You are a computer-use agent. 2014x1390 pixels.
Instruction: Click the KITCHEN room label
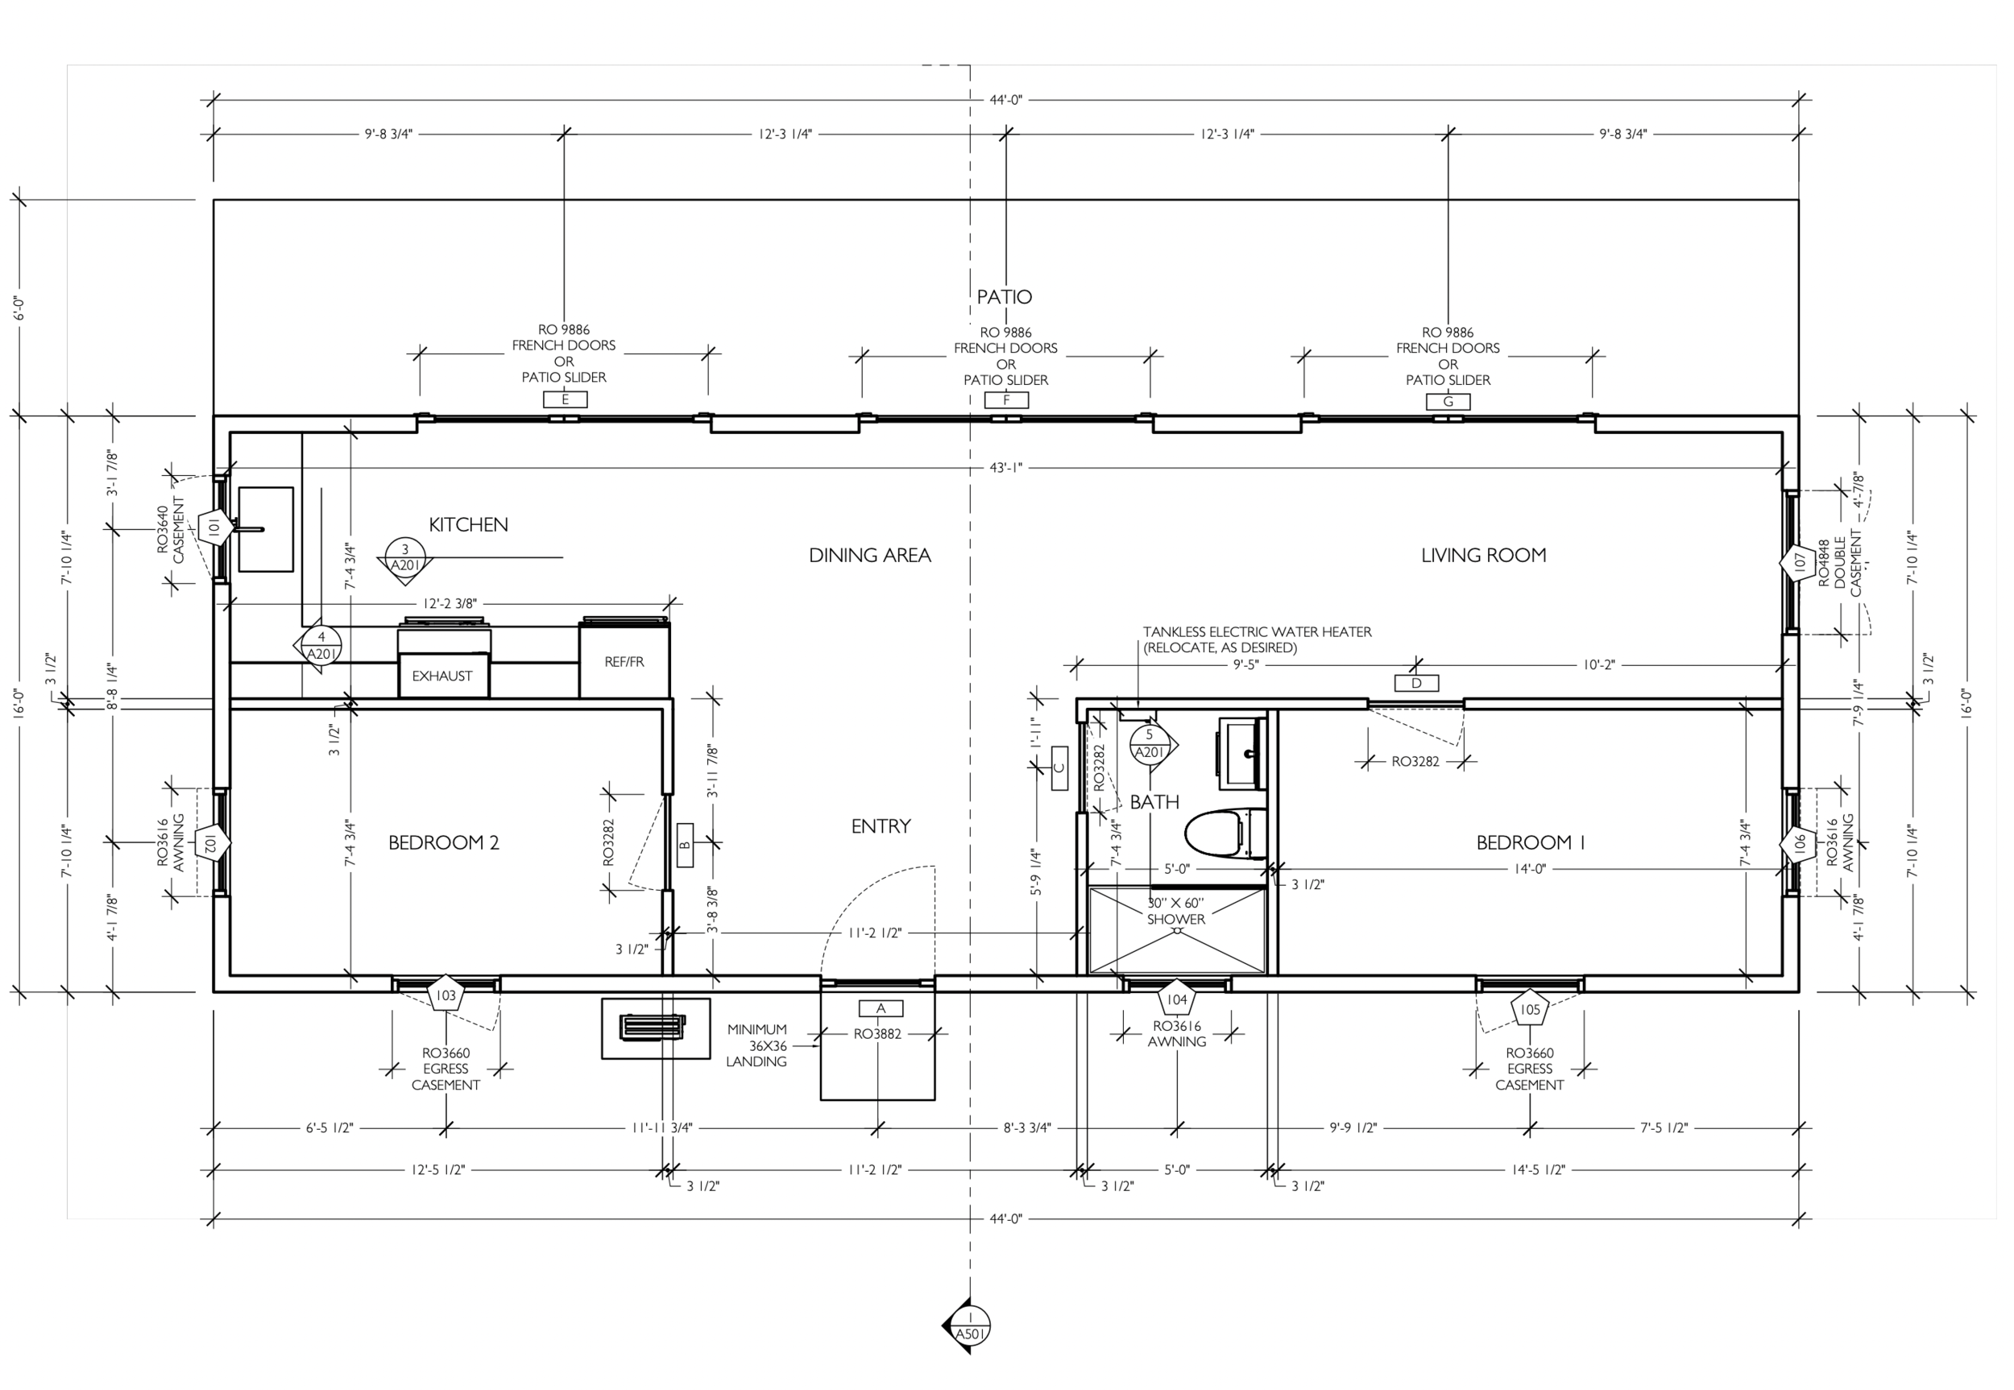point(468,524)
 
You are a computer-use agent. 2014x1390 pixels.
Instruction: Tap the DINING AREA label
point(869,555)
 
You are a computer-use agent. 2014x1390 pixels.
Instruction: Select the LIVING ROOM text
point(1483,555)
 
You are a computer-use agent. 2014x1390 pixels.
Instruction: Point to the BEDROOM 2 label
point(443,842)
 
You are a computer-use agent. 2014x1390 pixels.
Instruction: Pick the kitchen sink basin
point(266,528)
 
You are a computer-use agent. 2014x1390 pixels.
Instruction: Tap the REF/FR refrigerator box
point(624,662)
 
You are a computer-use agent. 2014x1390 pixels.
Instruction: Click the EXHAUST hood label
point(441,676)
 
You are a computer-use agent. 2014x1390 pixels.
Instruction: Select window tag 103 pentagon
point(445,995)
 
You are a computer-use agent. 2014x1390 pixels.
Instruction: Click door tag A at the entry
point(881,1008)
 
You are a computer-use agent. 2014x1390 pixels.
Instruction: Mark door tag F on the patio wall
point(1006,399)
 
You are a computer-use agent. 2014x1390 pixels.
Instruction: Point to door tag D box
point(1415,683)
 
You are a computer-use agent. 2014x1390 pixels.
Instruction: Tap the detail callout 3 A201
point(405,557)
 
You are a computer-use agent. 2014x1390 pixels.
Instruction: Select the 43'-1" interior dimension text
point(1005,468)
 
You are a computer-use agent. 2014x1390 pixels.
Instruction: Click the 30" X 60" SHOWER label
point(1176,911)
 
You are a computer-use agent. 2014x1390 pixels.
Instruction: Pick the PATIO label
point(1005,297)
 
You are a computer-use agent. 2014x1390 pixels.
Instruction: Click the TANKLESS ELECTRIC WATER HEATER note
point(1256,639)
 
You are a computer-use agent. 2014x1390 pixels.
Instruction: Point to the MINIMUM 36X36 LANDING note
point(756,1045)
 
